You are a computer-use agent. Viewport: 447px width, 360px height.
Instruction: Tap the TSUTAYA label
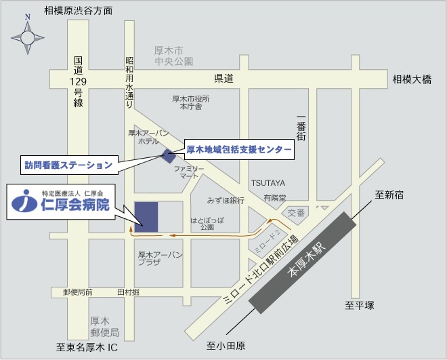pos(268,183)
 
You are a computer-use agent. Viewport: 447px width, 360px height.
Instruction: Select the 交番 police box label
pos(297,212)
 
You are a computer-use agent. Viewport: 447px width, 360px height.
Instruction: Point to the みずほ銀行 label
pos(226,201)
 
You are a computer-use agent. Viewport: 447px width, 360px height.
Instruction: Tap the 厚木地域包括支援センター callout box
pos(239,149)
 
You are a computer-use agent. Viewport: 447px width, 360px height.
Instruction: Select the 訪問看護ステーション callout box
pos(68,165)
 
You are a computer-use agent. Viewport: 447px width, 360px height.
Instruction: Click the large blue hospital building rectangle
pos(146,217)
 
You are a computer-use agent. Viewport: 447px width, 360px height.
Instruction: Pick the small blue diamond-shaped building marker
pos(169,155)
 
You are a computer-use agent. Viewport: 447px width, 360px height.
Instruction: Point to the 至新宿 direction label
pos(389,195)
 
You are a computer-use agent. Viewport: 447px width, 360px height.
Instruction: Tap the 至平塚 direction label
pos(360,306)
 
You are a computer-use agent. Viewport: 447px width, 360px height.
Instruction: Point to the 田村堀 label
pos(128,292)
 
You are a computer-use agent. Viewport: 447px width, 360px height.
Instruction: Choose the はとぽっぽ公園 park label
pos(207,224)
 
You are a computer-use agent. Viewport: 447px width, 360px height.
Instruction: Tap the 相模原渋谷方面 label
pos(78,11)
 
